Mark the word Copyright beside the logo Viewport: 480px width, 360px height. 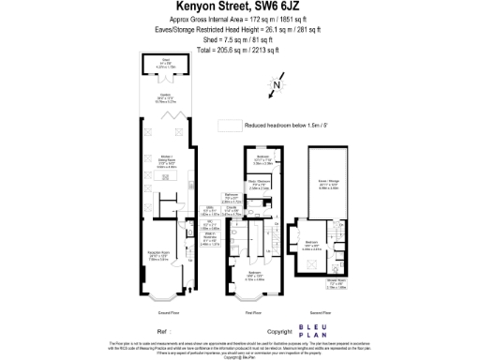point(279,332)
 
